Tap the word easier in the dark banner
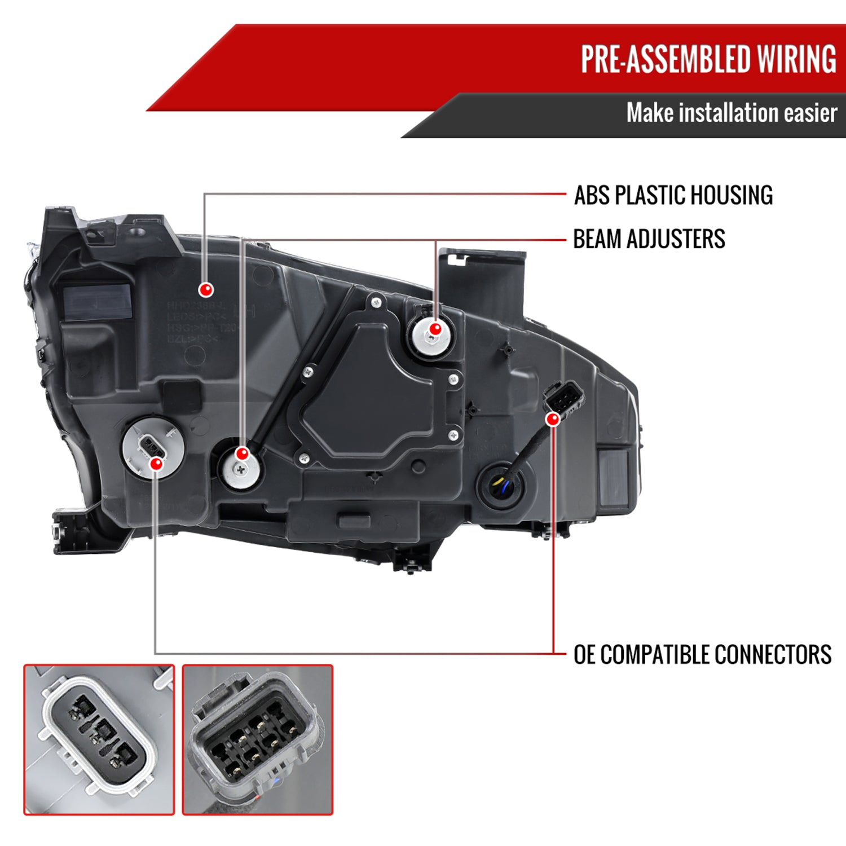(810, 113)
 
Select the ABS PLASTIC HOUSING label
(673, 195)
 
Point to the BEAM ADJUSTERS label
(649, 239)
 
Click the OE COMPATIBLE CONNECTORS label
(702, 655)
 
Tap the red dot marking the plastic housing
(206, 290)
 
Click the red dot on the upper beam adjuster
(435, 329)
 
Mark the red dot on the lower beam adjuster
(243, 453)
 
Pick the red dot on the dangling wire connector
(553, 419)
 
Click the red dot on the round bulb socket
(156, 464)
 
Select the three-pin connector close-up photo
(99, 739)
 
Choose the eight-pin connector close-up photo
(258, 739)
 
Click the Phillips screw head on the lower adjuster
(241, 469)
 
